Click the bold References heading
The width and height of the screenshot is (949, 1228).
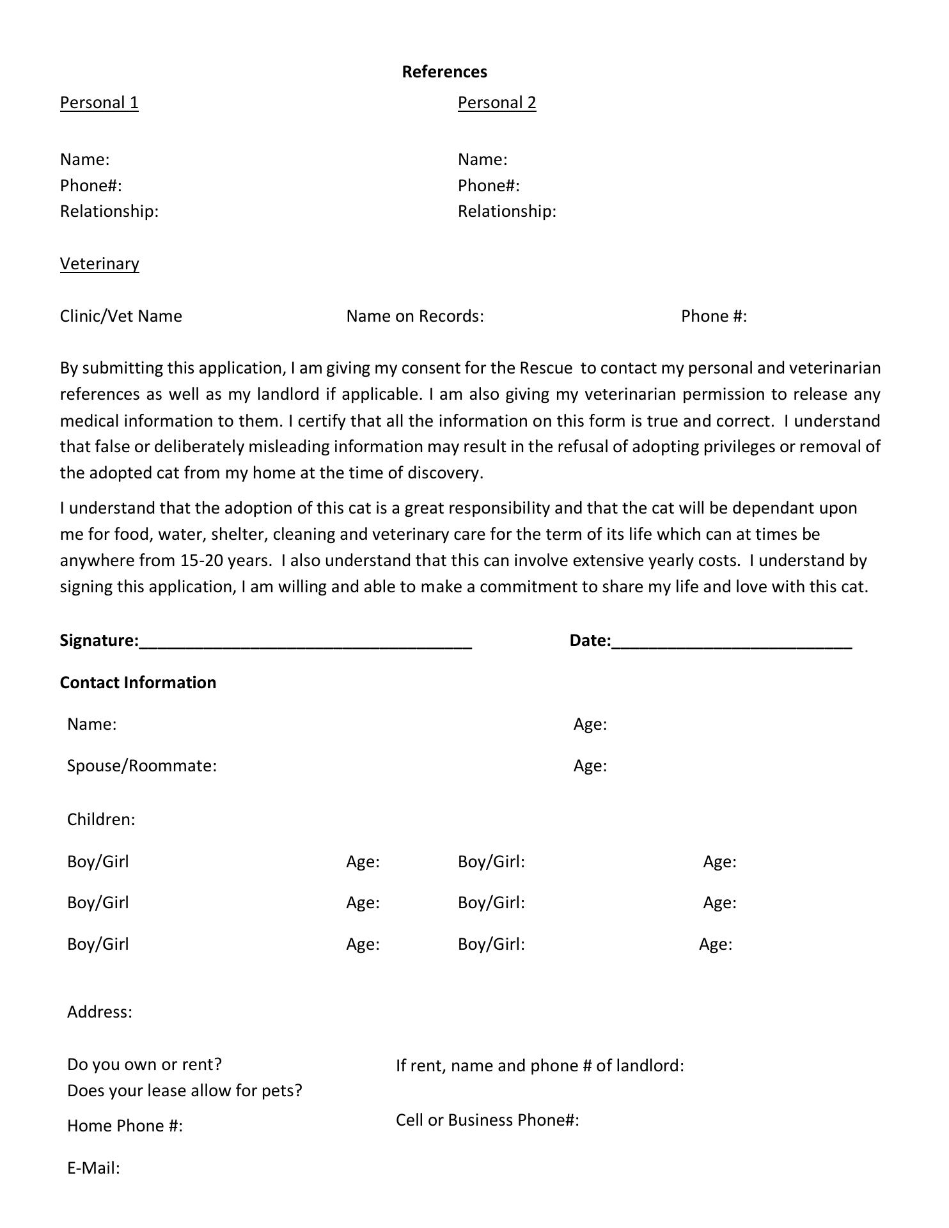(444, 72)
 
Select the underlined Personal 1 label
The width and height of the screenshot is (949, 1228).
(99, 103)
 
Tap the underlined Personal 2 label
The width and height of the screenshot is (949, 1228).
(497, 103)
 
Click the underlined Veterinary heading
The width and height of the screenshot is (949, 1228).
(99, 264)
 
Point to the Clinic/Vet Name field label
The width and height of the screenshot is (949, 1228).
(121, 316)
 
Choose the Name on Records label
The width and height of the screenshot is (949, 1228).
(414, 316)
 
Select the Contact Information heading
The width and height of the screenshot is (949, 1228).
(138, 682)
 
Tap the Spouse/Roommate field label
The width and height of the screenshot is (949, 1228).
(142, 766)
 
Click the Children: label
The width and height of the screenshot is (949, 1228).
(101, 819)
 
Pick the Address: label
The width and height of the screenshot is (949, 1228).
(100, 1012)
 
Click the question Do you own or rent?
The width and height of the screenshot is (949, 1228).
(145, 1064)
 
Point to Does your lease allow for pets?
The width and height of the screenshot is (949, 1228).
(184, 1090)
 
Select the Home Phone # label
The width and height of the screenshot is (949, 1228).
(125, 1126)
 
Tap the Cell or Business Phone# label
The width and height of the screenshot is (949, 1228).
(487, 1120)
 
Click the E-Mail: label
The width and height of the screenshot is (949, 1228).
(93, 1168)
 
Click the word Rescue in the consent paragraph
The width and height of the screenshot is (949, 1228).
(545, 368)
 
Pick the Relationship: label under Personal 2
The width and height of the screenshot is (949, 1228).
(506, 211)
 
